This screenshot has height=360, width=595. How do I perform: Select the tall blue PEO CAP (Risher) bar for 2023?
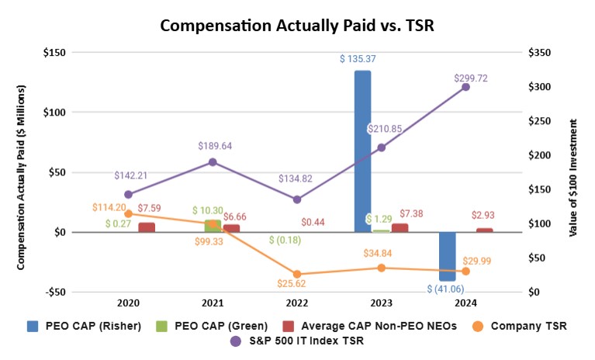pos(362,151)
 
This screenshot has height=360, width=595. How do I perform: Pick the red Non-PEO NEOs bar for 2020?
pos(146,227)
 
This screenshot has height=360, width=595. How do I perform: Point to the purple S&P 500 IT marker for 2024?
pos(465,87)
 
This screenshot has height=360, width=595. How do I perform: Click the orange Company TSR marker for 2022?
pos(297,274)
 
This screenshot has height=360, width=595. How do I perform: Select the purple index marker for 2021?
pos(213,162)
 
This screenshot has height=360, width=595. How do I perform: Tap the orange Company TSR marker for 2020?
pos(128,213)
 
